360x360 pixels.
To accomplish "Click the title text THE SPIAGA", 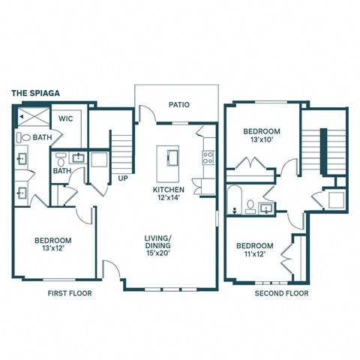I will click(x=35, y=94).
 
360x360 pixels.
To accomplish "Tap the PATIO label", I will click(x=178, y=105).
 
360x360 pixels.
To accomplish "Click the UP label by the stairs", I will click(x=121, y=178).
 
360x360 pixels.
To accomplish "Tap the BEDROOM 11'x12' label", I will click(x=253, y=250).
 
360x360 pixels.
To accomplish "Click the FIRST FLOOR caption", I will click(x=69, y=293).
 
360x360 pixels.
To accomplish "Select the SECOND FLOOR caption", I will click(x=281, y=293).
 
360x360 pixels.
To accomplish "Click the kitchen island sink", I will click(x=170, y=157).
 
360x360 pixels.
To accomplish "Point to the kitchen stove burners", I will click(x=208, y=157).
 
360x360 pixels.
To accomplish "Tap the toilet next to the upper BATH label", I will click(x=25, y=138).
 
